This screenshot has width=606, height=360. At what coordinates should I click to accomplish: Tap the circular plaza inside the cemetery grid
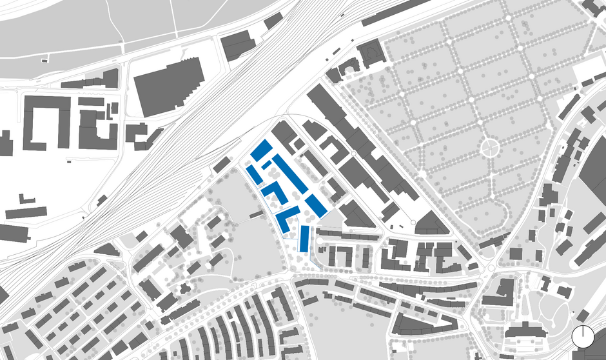pyautogui.click(x=490, y=148)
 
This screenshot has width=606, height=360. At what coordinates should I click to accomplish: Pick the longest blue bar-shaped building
pyautogui.click(x=289, y=173)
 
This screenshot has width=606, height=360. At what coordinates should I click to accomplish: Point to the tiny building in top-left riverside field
pyautogui.click(x=44, y=60)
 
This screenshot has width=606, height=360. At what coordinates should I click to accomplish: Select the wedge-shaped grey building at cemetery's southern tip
pyautogui.click(x=431, y=223)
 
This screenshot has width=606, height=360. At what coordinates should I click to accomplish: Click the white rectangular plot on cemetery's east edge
pyautogui.click(x=587, y=67)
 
